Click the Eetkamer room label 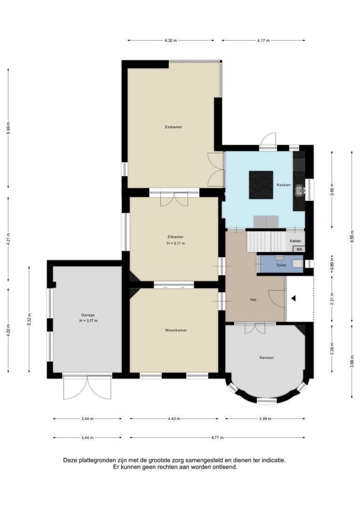coord(173,127)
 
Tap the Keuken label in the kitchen coord(284,185)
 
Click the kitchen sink coord(299,190)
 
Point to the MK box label coord(299,249)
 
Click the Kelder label coord(295,241)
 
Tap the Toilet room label coord(281,265)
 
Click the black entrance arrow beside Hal coord(293,298)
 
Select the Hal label coord(253,300)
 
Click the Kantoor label coord(267,358)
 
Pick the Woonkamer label coord(176,330)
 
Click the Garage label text coord(88,315)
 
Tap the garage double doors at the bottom coord(87,386)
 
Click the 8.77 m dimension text coord(217,438)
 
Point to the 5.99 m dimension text coord(8,128)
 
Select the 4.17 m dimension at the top coord(263,41)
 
